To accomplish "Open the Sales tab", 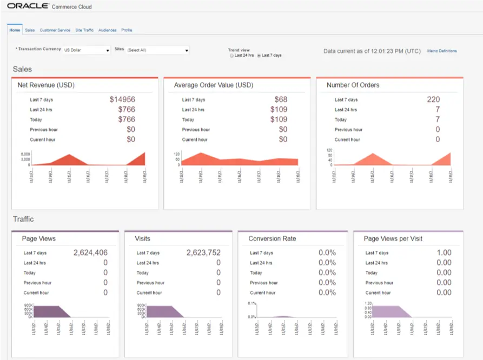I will point(30,30).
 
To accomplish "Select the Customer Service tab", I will point(55,30).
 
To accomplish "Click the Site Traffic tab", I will point(84,30).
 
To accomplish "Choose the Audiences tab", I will point(107,30).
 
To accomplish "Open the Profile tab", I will point(127,30).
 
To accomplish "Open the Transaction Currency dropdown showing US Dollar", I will point(87,50).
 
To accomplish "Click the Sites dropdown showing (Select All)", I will point(157,50).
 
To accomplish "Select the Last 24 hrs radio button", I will point(232,56).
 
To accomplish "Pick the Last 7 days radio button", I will point(259,56).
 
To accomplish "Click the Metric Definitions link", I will point(442,51).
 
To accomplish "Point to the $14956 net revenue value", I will point(122,99).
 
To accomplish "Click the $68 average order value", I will point(281,99).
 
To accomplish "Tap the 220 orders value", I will point(433,99).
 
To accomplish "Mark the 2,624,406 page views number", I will point(90,252).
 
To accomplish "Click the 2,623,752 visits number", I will point(203,252).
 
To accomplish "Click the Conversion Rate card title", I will point(272,238).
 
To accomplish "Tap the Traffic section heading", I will point(23,219).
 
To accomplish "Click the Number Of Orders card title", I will point(353,85).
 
